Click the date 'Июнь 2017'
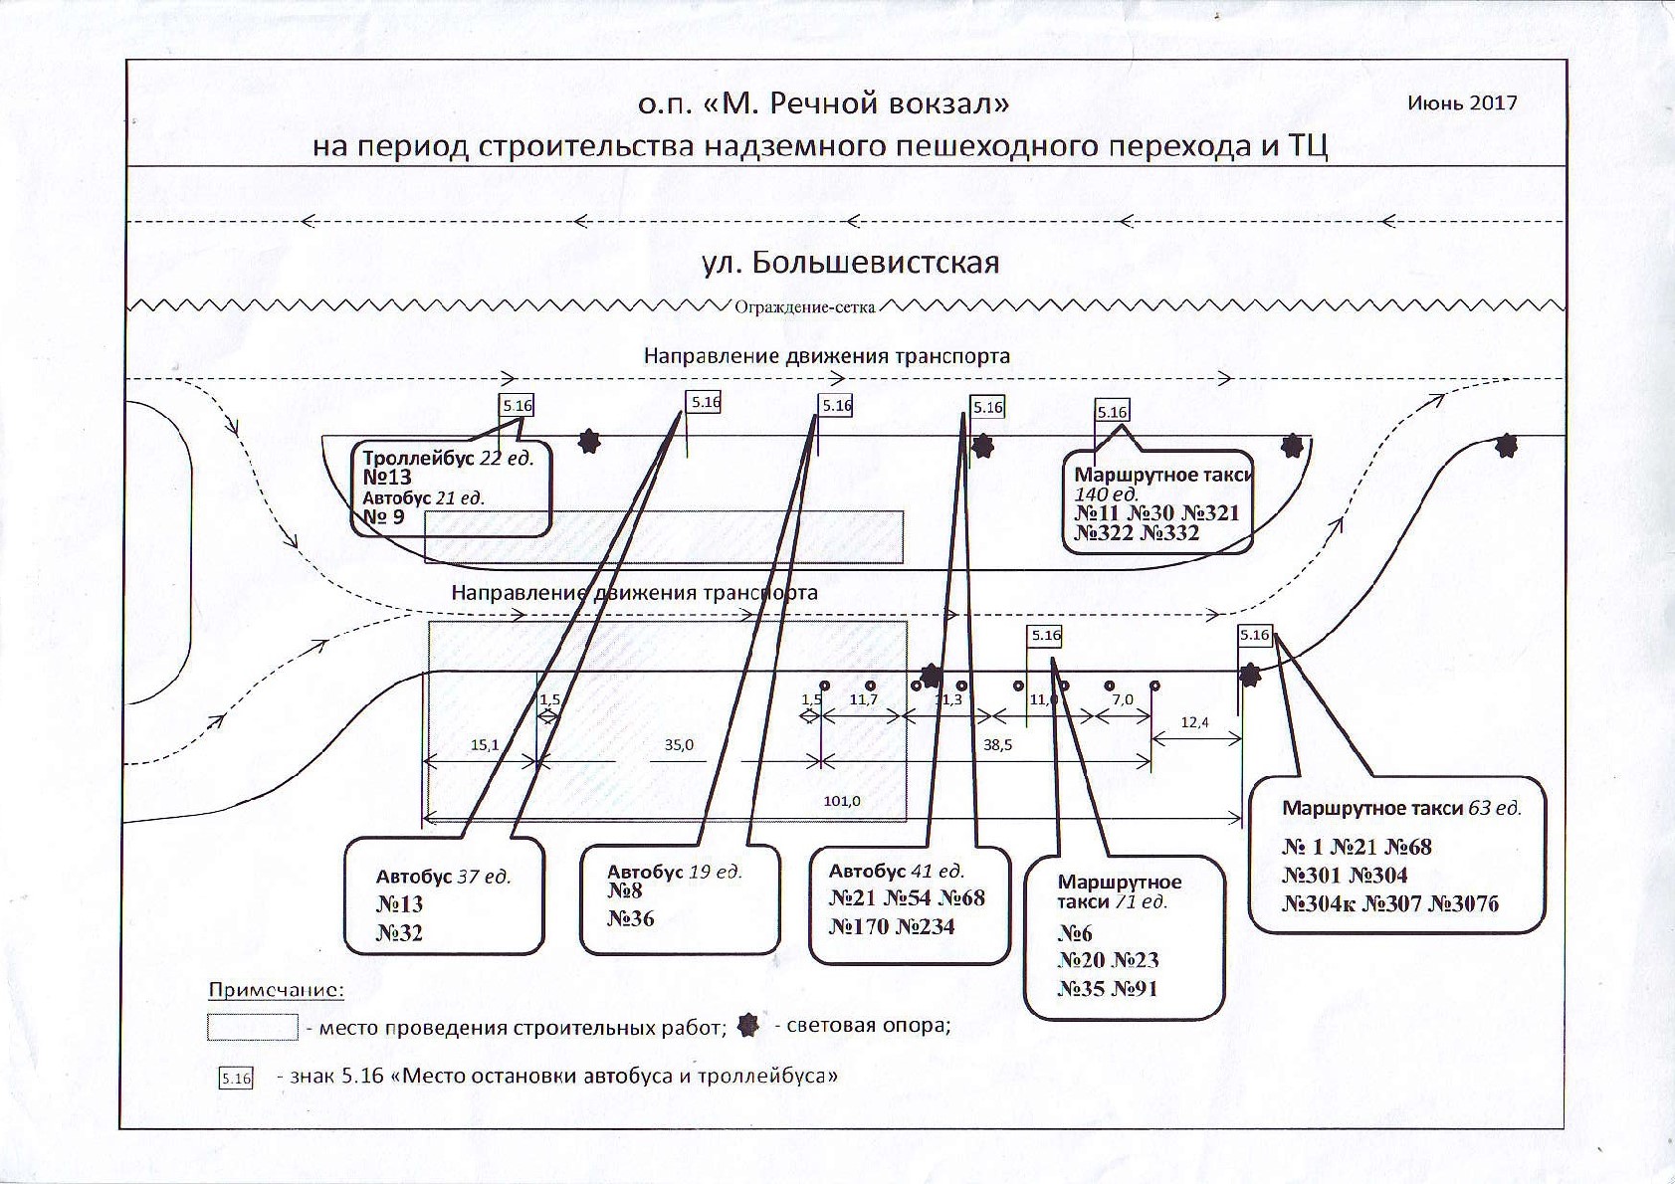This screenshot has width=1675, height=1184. [1462, 103]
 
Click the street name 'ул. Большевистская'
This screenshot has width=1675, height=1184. [850, 263]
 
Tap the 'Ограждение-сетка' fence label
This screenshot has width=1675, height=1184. [804, 307]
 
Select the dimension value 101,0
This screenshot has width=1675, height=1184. [842, 801]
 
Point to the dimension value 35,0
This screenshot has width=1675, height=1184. [679, 745]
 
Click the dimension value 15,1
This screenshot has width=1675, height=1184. [485, 745]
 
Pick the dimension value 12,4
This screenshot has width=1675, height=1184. [1194, 722]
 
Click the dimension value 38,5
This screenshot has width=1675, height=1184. [997, 745]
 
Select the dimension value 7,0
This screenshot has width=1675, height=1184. [1123, 700]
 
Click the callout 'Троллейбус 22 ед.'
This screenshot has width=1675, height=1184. [448, 459]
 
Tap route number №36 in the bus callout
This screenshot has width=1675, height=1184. [631, 918]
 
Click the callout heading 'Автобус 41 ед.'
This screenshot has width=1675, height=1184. [897, 872]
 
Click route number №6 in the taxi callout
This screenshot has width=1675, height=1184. [1075, 933]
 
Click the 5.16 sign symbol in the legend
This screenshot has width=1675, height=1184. [236, 1078]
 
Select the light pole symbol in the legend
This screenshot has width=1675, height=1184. [748, 1026]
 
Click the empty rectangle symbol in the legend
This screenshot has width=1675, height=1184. [252, 1027]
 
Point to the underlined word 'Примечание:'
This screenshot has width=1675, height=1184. [276, 991]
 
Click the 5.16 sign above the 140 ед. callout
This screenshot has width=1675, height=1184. [1112, 412]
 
